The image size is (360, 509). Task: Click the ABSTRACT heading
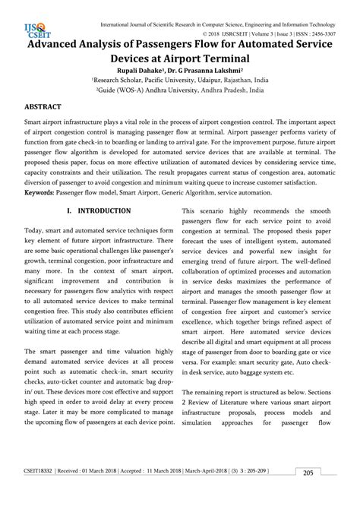[x=43, y=108]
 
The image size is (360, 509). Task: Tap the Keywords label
[x=43, y=193]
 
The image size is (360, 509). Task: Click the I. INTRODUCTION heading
[x=99, y=210]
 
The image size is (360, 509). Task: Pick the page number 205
[x=308, y=495]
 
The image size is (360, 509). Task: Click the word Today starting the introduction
[x=34, y=230]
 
